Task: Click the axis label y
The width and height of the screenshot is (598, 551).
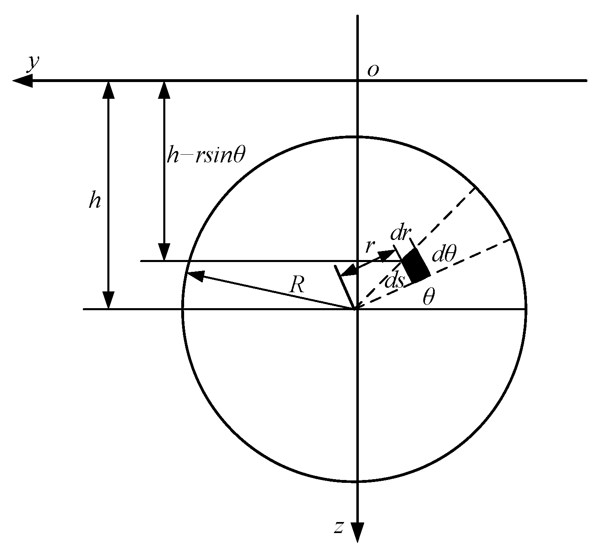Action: [x=33, y=63]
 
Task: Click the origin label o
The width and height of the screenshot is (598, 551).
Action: [x=373, y=71]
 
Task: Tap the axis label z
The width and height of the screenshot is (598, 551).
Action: [x=338, y=527]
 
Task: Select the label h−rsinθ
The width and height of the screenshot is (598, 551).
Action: [x=206, y=156]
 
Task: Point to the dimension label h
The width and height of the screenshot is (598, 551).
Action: [x=95, y=201]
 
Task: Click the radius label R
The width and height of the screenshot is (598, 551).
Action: [x=297, y=286]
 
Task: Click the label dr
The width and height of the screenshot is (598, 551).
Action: [x=400, y=233]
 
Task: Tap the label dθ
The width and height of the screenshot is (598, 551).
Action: [x=443, y=255]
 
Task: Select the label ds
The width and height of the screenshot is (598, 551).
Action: [x=394, y=281]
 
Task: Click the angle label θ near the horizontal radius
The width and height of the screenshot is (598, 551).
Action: [x=428, y=298]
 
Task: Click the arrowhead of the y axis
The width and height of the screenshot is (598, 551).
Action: [x=21, y=81]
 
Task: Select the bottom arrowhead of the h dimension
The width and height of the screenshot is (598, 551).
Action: [x=108, y=301]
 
